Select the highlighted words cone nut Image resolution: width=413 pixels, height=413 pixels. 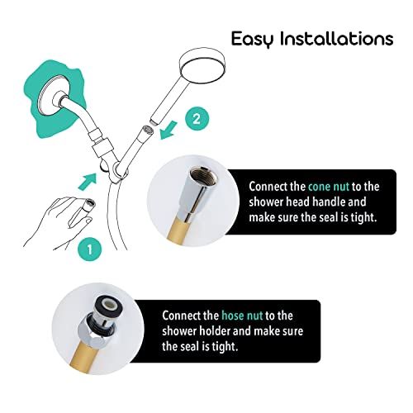pyautogui.click(x=330, y=187)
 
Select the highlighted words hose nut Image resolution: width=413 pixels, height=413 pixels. pyautogui.click(x=241, y=316)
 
